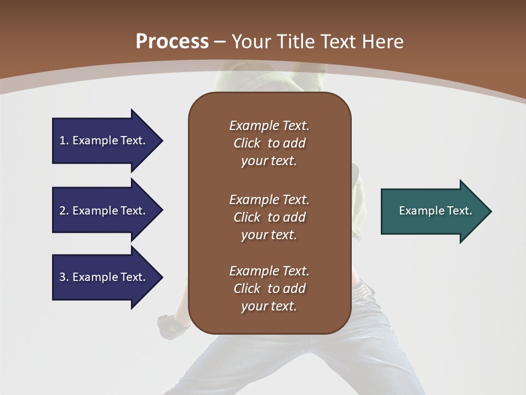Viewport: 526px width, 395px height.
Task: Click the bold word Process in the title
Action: pyautogui.click(x=172, y=42)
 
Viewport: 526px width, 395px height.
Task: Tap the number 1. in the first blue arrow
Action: pyautogui.click(x=64, y=140)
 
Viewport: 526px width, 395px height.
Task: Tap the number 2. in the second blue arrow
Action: pyautogui.click(x=64, y=211)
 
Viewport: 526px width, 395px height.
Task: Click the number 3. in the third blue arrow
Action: pyautogui.click(x=64, y=277)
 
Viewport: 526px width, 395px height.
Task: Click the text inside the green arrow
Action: pyautogui.click(x=436, y=211)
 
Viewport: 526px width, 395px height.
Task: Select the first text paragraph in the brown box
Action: pyautogui.click(x=269, y=143)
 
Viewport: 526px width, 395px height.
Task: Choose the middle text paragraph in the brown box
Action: pyautogui.click(x=269, y=217)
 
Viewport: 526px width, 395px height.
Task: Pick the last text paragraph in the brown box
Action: pyautogui.click(x=269, y=289)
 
